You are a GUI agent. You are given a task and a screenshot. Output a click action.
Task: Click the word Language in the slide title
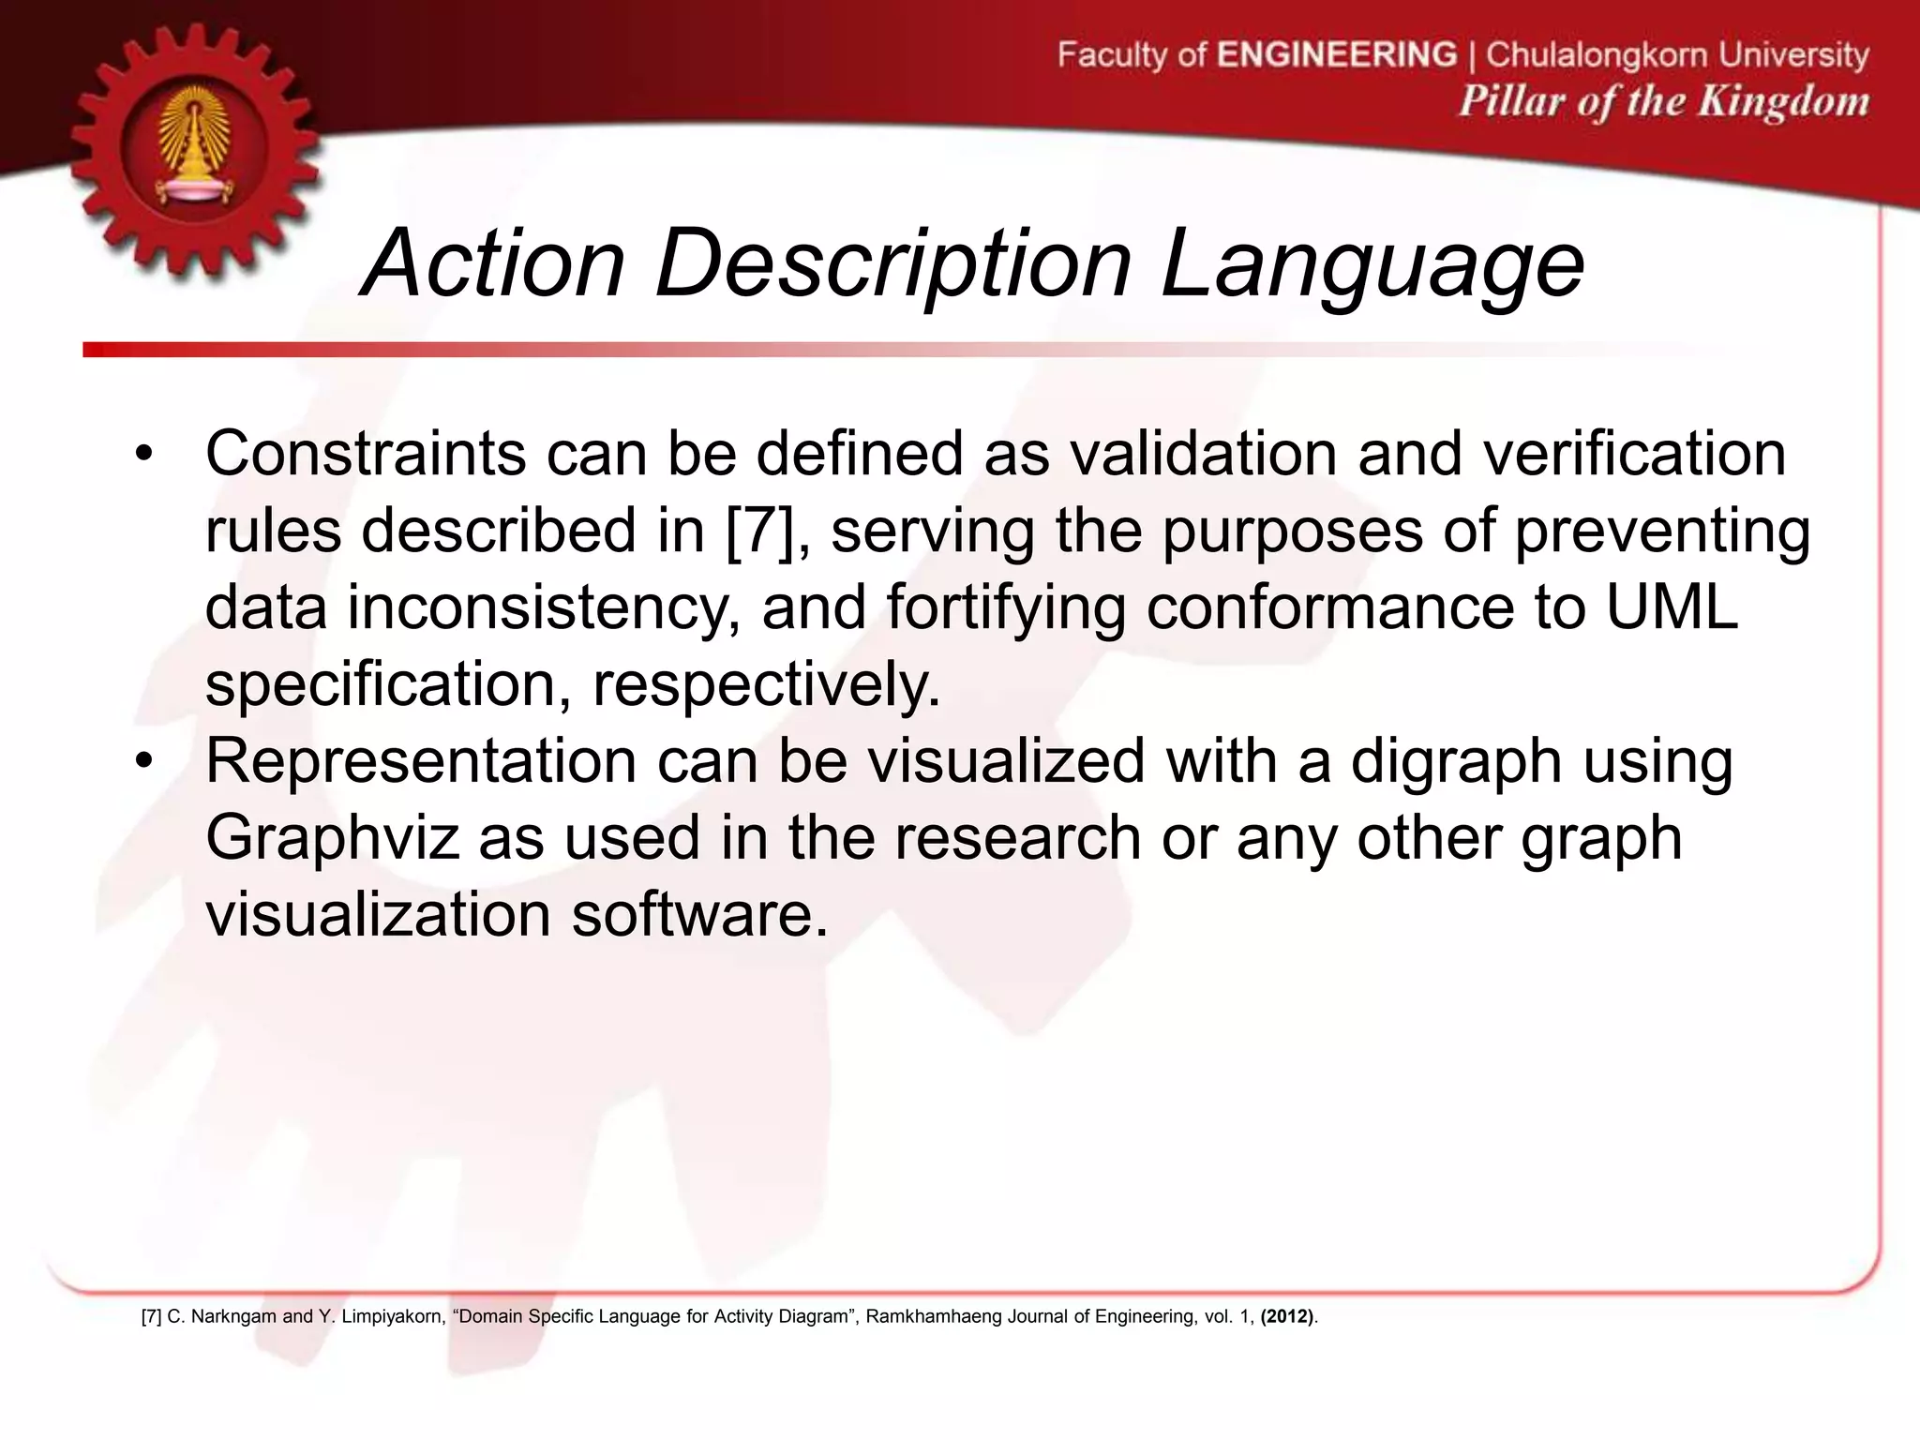[1372, 265]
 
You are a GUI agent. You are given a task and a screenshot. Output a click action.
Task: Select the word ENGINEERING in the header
[1337, 54]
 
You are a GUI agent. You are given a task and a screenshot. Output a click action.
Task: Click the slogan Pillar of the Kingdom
[1663, 101]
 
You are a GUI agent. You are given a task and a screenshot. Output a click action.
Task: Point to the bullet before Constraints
[142, 456]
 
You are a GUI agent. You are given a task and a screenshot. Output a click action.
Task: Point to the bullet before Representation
[142, 761]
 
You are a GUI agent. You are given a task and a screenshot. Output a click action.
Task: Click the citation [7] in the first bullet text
[758, 531]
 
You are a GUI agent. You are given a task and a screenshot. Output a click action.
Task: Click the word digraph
[1456, 761]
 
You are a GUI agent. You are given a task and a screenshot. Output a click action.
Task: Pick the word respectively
[766, 685]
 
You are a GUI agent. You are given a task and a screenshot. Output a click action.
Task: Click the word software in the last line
[700, 915]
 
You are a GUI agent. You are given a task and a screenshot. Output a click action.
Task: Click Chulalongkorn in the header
[1602, 54]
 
